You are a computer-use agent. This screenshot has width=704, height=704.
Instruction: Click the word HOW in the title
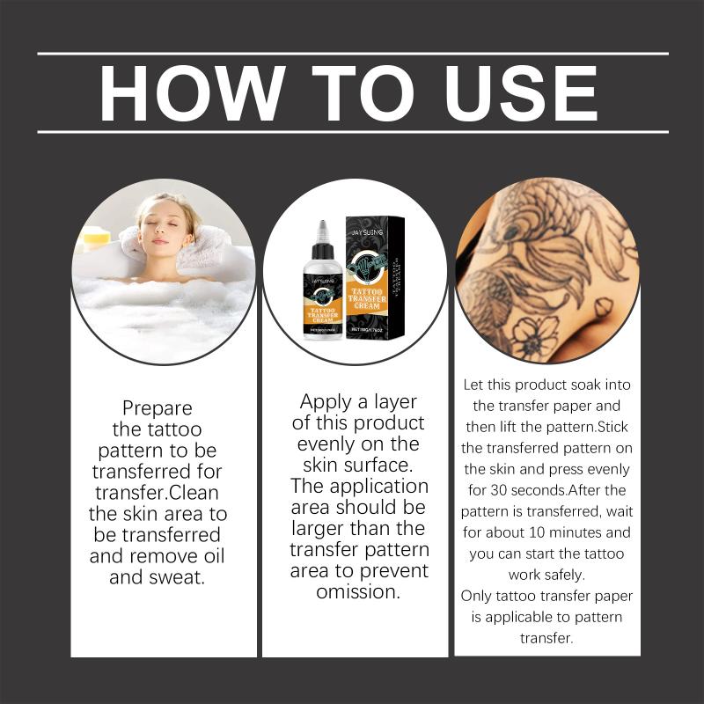pyautogui.click(x=193, y=93)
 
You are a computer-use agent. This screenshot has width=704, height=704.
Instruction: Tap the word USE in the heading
pyautogui.click(x=521, y=93)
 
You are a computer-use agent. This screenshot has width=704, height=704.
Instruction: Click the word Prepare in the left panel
pyautogui.click(x=158, y=408)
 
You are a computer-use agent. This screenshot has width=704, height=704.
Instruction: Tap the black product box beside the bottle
pyautogui.click(x=375, y=277)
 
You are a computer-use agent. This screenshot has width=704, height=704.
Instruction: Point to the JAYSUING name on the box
pyautogui.click(x=367, y=232)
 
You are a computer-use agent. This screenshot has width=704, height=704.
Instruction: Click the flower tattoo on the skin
pyautogui.click(x=534, y=335)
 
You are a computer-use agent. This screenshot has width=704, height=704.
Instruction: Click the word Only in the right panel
pyautogui.click(x=476, y=597)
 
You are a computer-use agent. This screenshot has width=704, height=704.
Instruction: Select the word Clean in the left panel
pyautogui.click(x=194, y=493)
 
